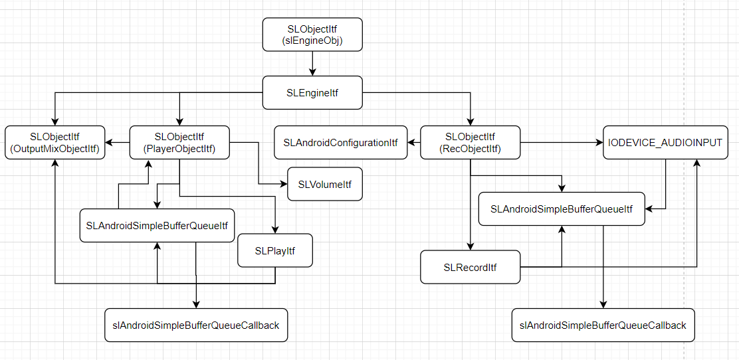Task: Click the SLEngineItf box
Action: (x=312, y=93)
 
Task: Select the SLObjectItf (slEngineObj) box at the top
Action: (x=312, y=35)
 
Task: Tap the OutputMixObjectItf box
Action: (x=55, y=142)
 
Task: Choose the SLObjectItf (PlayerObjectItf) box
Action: (x=179, y=142)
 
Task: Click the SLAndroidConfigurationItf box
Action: (x=340, y=142)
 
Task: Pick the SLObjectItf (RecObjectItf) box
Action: (x=471, y=142)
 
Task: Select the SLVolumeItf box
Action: (x=325, y=184)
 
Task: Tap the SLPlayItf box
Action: (x=275, y=250)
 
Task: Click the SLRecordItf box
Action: (x=471, y=268)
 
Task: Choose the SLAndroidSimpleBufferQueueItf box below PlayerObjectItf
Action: (x=157, y=226)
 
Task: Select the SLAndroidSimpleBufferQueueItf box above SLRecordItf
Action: (x=562, y=209)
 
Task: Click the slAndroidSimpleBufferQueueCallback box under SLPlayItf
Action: (x=196, y=325)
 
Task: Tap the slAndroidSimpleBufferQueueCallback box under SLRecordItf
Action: (x=603, y=325)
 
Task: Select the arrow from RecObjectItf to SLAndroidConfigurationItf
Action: (x=414, y=142)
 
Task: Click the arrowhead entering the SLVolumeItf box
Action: (x=284, y=184)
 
